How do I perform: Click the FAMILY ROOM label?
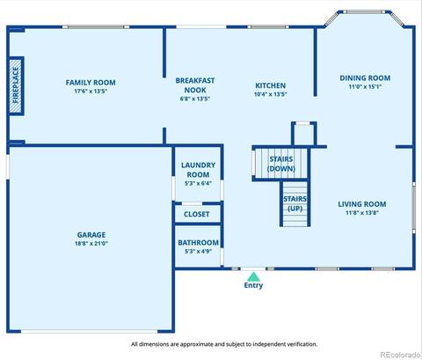pos(91,83)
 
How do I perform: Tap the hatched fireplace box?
pos(16,85)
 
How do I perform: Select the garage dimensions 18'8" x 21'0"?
pos(91,243)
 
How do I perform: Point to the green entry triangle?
pos(253,276)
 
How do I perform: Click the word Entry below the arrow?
pos(253,285)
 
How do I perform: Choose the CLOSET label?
pos(197,214)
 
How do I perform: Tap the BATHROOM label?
pos(198,243)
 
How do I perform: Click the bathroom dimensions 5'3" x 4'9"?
pos(198,251)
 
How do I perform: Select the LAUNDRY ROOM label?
pos(198,170)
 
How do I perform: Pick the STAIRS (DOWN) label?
pos(281,164)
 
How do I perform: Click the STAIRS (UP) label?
pos(295,203)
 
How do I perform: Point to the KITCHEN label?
pos(270,85)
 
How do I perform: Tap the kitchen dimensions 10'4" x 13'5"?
pos(270,94)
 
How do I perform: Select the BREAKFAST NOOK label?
pos(195,85)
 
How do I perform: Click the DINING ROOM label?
pos(365,78)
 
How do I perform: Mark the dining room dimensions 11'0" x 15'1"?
pos(365,86)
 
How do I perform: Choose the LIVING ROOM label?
pos(362,204)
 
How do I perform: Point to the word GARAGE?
pos(91,235)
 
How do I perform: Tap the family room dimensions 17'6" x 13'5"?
pos(91,91)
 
